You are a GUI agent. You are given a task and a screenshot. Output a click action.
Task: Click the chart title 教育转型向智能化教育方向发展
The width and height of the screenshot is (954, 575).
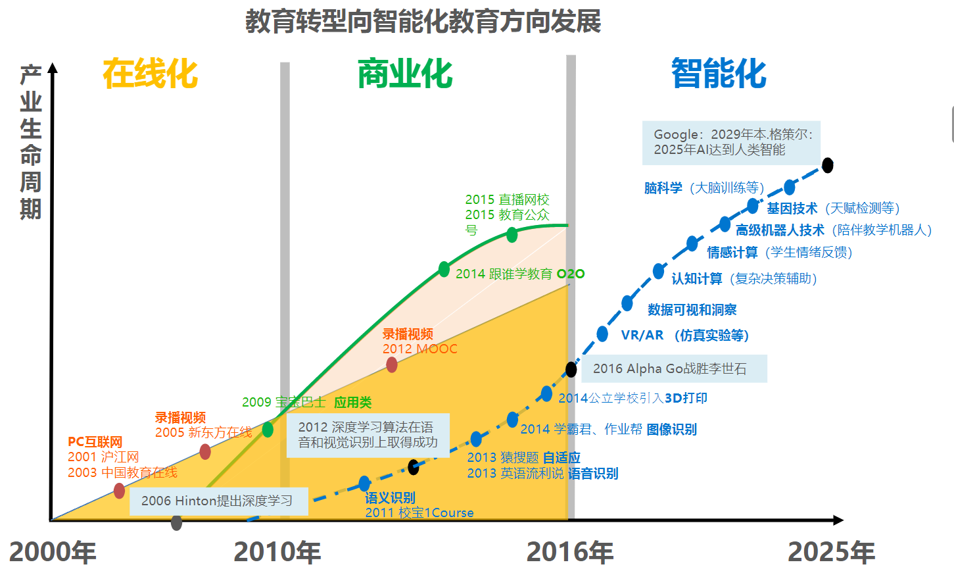(x=423, y=21)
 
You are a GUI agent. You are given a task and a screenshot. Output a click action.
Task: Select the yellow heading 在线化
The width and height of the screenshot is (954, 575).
(x=150, y=73)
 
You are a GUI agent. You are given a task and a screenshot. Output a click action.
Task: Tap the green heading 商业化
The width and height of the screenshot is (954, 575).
(x=405, y=73)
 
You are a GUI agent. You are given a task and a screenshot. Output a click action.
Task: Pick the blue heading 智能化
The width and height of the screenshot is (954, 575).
(x=719, y=73)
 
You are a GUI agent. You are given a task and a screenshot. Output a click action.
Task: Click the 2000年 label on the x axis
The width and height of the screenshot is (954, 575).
(x=53, y=552)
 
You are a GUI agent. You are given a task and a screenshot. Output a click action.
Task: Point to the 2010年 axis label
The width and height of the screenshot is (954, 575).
(x=277, y=552)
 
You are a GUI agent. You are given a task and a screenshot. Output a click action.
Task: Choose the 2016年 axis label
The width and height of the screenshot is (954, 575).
(x=570, y=552)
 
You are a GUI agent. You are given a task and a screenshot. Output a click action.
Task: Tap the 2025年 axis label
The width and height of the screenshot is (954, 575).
(x=831, y=552)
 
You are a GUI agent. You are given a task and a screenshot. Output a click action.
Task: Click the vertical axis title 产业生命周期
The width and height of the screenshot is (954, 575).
(x=31, y=141)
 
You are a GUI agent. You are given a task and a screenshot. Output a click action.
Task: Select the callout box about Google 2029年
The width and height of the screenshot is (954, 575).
(x=731, y=142)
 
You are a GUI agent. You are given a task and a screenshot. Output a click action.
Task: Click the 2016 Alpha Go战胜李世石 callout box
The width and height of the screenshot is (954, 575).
(x=669, y=368)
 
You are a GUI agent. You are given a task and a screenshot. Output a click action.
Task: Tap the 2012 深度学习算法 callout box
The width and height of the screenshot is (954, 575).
(x=368, y=435)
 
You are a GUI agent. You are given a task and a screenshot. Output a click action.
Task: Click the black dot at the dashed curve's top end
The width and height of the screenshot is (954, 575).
(x=828, y=165)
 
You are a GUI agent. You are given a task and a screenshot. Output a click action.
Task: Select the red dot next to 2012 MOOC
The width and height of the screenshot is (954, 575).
(x=391, y=364)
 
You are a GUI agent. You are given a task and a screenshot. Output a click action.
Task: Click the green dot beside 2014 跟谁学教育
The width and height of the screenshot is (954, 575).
(x=444, y=269)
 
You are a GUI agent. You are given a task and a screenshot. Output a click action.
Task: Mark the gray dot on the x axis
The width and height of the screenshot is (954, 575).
(x=176, y=523)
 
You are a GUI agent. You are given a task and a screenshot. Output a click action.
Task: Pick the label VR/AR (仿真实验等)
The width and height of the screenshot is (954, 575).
(x=684, y=335)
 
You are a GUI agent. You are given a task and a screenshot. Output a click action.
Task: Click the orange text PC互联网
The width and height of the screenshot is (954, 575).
(x=95, y=442)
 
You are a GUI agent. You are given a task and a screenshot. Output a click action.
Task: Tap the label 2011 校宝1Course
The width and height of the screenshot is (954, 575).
(x=419, y=512)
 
